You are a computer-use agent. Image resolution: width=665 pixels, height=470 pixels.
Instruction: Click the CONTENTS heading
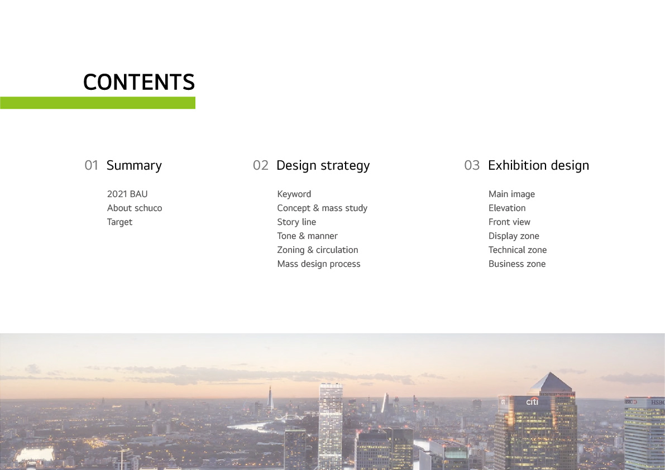pyautogui.click(x=138, y=82)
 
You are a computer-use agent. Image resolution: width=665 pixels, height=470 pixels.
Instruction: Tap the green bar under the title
pyautogui.click(x=98, y=103)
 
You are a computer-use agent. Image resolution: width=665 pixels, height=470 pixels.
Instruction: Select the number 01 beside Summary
pyautogui.click(x=91, y=165)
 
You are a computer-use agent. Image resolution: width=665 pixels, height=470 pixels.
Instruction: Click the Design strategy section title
pyautogui.click(x=323, y=166)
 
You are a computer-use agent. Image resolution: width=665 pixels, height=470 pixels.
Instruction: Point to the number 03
pyautogui.click(x=472, y=165)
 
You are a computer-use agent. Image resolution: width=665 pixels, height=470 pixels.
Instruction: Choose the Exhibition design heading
pyautogui.click(x=538, y=166)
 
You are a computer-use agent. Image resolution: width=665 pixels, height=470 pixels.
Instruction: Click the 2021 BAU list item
pyautogui.click(x=127, y=194)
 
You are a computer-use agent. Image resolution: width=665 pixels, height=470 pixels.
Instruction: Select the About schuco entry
pyautogui.click(x=135, y=208)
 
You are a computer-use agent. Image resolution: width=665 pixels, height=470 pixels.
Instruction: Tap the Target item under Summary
pyautogui.click(x=119, y=223)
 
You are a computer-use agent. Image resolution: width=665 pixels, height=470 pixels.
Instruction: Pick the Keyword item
pyautogui.click(x=294, y=194)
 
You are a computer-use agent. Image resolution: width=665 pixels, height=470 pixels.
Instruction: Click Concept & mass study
pyautogui.click(x=322, y=208)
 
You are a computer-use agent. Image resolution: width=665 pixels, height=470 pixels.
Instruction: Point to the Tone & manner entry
pyautogui.click(x=308, y=236)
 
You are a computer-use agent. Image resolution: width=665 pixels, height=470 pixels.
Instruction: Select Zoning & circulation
pyautogui.click(x=318, y=250)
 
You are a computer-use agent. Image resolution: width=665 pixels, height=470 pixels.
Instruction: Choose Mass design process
pyautogui.click(x=319, y=264)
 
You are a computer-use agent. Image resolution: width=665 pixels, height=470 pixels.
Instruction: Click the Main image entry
pyautogui.click(x=511, y=194)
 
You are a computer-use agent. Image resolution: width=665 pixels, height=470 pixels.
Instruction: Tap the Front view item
pyautogui.click(x=509, y=222)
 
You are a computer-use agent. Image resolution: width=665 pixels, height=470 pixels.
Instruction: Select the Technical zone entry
pyautogui.click(x=518, y=250)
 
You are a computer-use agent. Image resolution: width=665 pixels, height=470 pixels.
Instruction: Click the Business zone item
pyautogui.click(x=517, y=264)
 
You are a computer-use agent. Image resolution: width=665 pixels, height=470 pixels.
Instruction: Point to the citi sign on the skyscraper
pyautogui.click(x=532, y=401)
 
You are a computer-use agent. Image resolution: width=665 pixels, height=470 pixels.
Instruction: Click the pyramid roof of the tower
pyautogui.click(x=551, y=383)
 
